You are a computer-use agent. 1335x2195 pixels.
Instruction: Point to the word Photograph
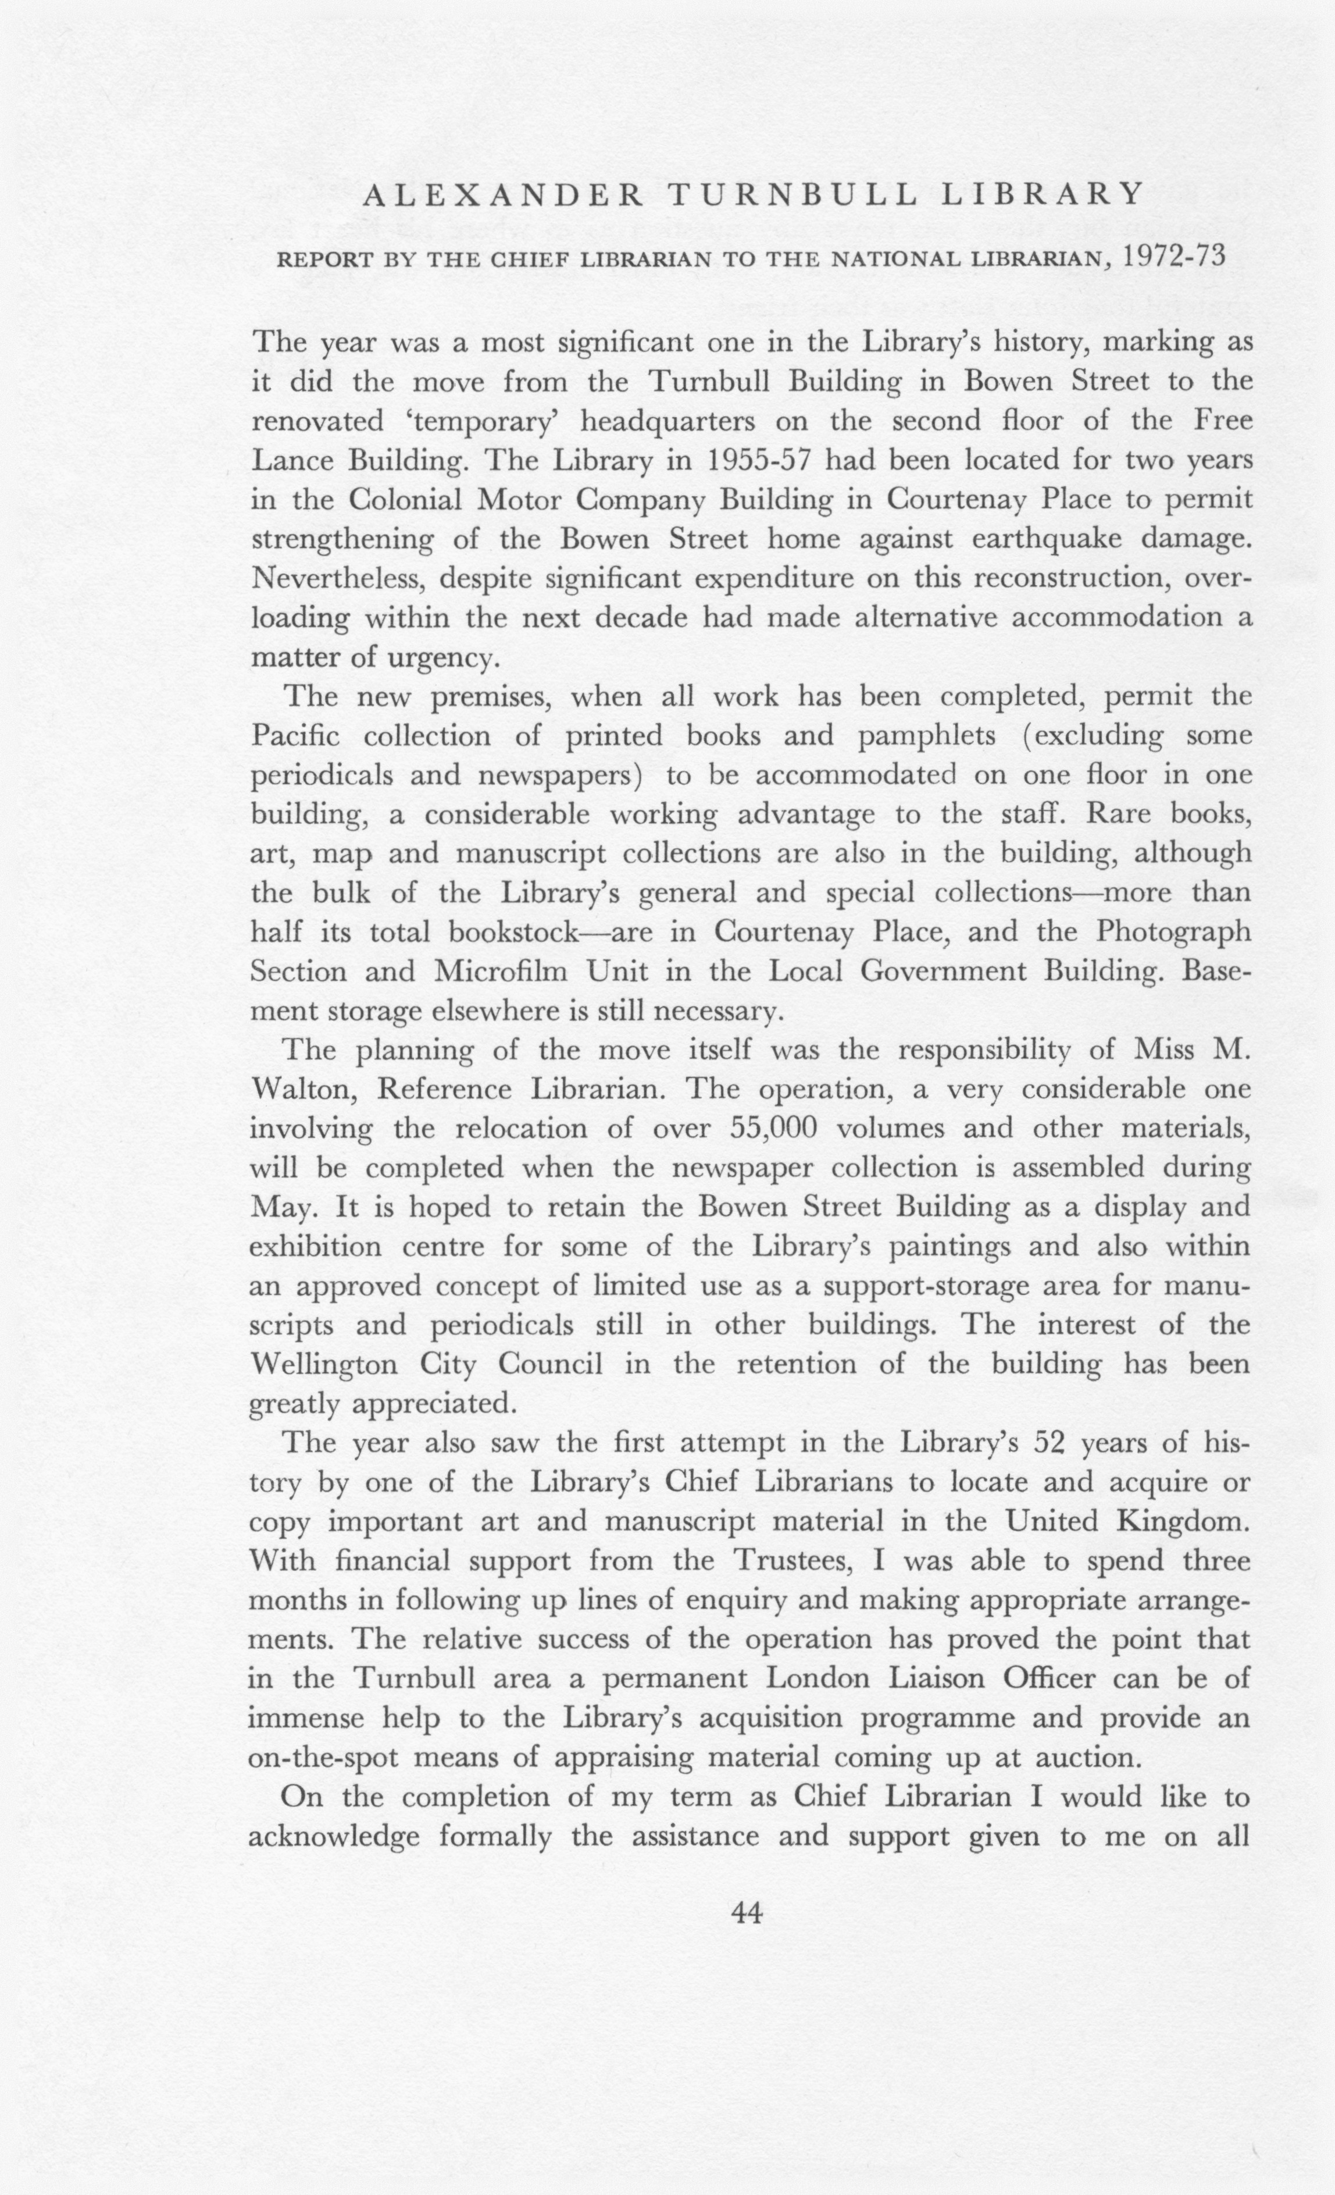coord(1173,932)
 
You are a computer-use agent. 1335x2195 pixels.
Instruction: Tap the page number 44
coord(747,1912)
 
